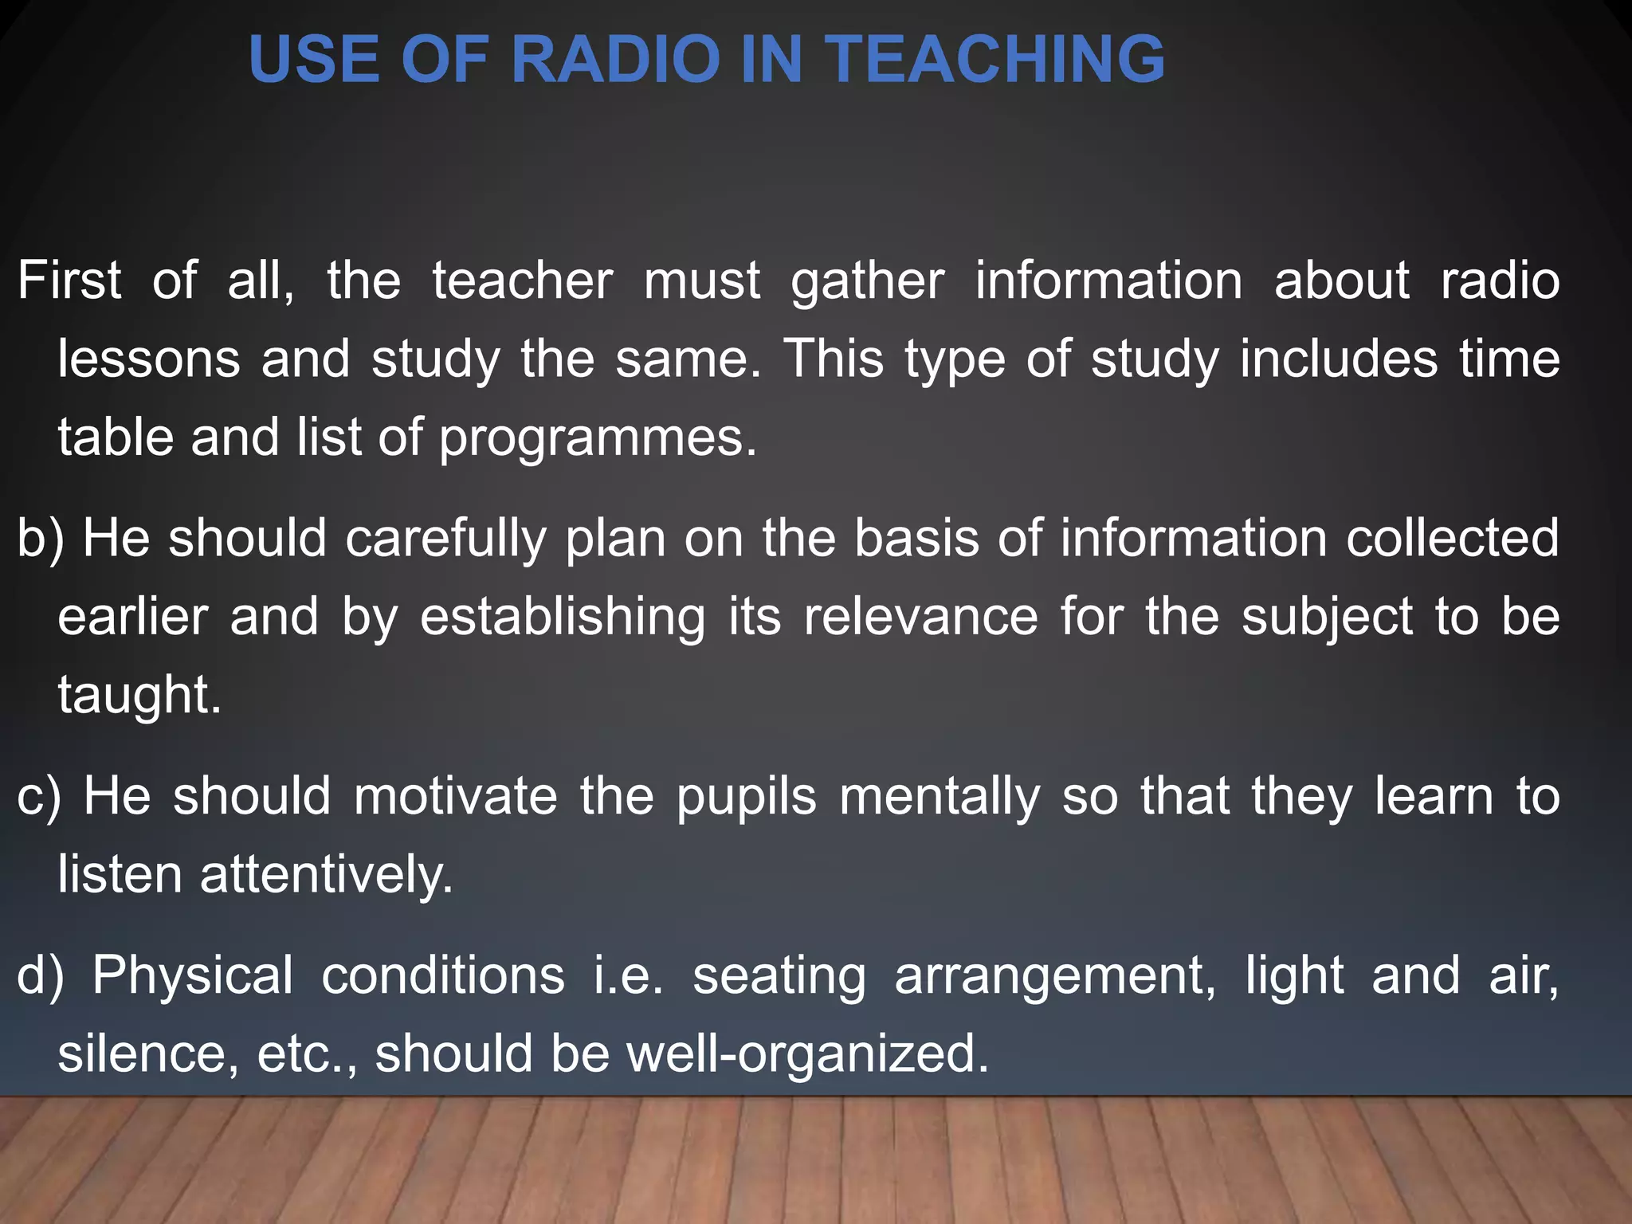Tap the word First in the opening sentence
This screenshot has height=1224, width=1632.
click(69, 280)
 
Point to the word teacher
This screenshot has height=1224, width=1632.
click(522, 280)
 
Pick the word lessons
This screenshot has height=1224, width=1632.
click(149, 359)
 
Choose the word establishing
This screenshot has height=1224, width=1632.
click(563, 618)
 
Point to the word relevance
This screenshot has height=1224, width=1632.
click(920, 617)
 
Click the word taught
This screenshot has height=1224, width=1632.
click(139, 695)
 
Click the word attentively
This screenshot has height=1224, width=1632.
click(326, 875)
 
